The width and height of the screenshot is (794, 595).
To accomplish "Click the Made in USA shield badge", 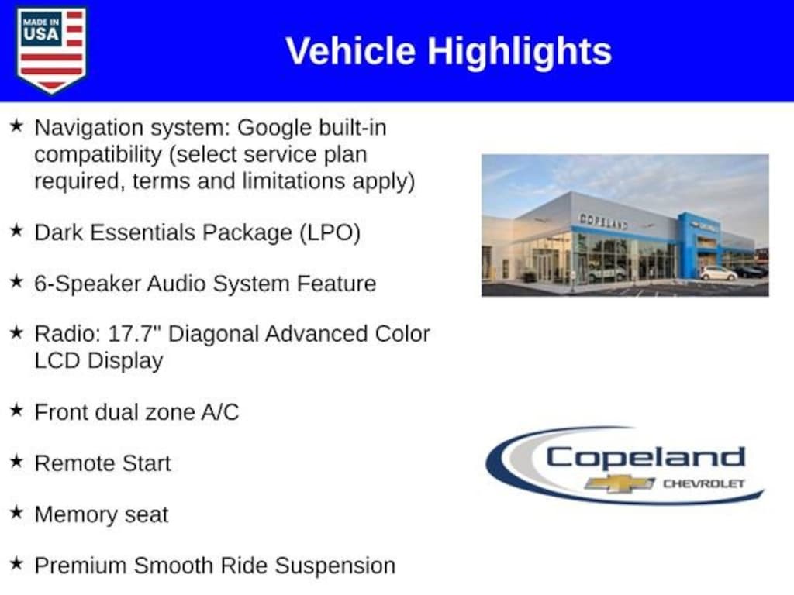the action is coord(51,50).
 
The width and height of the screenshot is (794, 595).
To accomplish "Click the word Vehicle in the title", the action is coord(350,51).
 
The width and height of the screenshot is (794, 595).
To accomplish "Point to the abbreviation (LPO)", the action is coord(330,233).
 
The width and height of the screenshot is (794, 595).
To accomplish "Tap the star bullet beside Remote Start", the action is coord(17,461).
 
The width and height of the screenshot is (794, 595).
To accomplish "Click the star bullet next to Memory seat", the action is coord(17,512).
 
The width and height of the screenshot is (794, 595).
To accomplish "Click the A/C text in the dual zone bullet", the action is coord(219,412).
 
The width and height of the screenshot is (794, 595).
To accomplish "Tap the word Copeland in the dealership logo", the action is coord(646,457).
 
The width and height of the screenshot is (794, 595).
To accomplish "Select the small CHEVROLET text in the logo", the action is coord(704,483).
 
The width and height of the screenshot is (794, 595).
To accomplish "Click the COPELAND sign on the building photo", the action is coord(603,222).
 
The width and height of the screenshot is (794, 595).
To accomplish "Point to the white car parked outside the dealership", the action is coord(719,273).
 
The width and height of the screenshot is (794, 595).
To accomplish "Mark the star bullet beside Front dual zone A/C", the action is coord(17,410).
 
